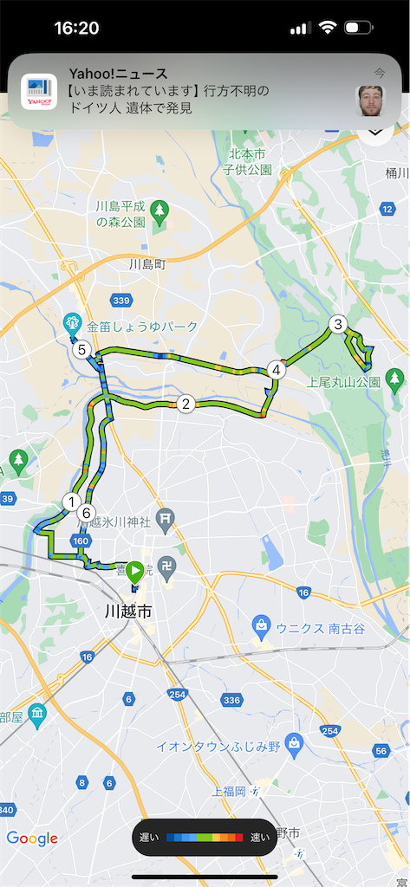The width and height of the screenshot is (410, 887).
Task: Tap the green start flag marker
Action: click(x=134, y=571)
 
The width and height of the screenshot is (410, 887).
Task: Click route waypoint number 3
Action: click(x=338, y=325)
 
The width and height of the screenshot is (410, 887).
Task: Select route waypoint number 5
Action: click(x=81, y=350)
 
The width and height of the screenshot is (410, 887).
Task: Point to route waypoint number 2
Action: click(x=185, y=404)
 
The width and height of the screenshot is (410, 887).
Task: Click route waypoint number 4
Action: click(x=276, y=370)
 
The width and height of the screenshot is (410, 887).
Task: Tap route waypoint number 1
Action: click(x=71, y=501)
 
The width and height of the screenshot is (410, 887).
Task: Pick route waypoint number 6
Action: click(x=85, y=513)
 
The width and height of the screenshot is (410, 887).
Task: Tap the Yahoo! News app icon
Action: click(x=39, y=92)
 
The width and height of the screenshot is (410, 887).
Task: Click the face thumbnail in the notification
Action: click(x=370, y=100)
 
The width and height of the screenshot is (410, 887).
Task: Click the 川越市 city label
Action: click(x=127, y=612)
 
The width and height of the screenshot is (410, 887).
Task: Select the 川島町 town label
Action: click(x=146, y=263)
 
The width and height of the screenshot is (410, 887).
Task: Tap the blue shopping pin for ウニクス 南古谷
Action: click(x=261, y=625)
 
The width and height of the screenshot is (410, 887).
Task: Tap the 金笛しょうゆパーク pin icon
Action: click(x=72, y=322)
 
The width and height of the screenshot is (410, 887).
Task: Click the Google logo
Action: click(x=32, y=838)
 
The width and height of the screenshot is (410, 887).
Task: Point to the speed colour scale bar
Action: click(x=205, y=838)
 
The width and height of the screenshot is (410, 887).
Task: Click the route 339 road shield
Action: click(x=121, y=300)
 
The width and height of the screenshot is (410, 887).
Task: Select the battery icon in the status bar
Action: click(x=357, y=28)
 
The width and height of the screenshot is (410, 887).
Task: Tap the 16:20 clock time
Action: click(x=76, y=28)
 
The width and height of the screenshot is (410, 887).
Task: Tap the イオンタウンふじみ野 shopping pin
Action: click(x=295, y=742)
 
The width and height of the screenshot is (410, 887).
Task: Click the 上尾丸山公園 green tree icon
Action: click(x=394, y=378)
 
